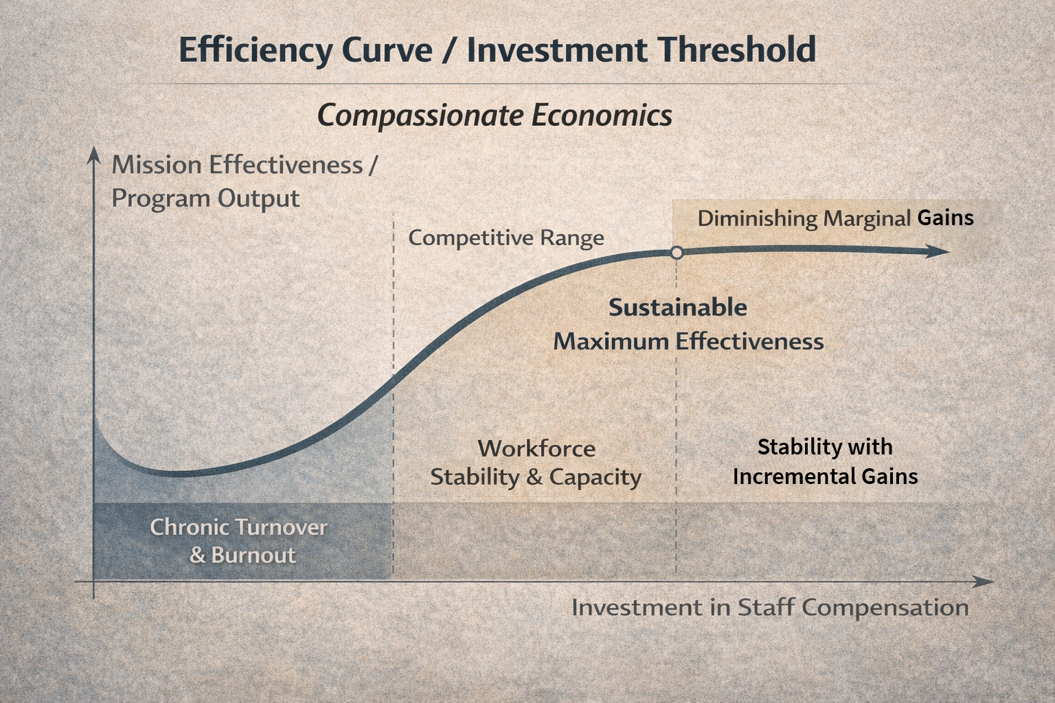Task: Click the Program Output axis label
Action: coord(205,198)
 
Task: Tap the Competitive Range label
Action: coord(506,238)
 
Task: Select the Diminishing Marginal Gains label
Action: coord(835,218)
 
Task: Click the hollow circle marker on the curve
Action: coord(677,253)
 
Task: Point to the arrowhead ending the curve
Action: coord(940,251)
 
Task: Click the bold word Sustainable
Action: coord(677,307)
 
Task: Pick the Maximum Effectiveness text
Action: coord(688,341)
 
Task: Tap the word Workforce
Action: coord(536,448)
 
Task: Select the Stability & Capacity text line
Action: coord(536,477)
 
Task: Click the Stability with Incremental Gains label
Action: coord(825,461)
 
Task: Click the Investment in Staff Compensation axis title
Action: coord(770,608)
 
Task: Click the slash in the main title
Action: coord(449,51)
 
